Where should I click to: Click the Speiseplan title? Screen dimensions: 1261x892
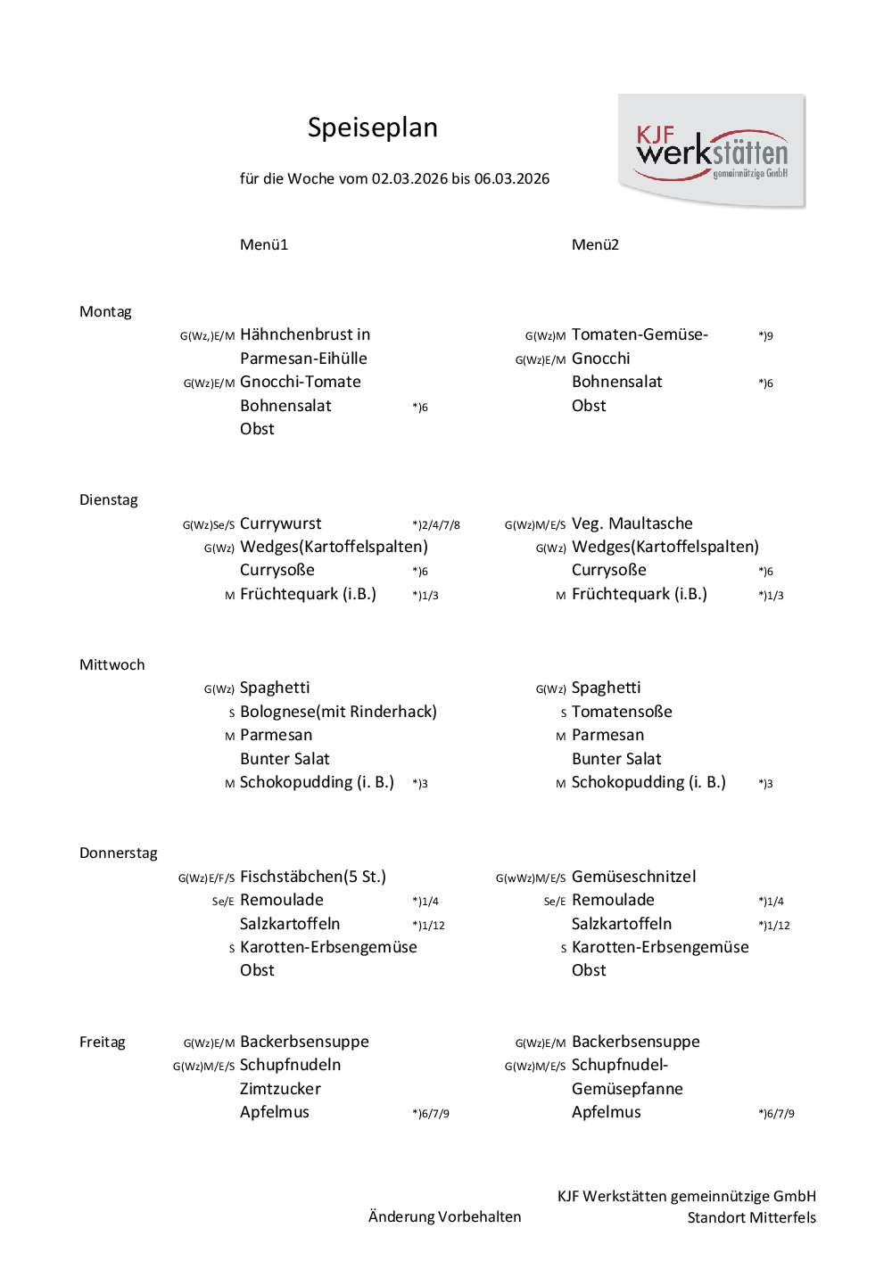click(372, 128)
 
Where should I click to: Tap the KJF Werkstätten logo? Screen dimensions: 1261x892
click(712, 152)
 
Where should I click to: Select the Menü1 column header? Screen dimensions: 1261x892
click(264, 244)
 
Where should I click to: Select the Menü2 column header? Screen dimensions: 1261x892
click(595, 244)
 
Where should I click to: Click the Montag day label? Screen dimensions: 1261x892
click(105, 311)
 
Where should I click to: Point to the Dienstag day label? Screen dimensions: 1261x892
click(109, 499)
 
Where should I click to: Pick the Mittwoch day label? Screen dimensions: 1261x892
click(111, 664)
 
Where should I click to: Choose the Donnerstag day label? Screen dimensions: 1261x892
click(118, 853)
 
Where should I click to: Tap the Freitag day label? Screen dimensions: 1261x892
click(102, 1042)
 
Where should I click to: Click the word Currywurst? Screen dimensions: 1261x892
click(281, 523)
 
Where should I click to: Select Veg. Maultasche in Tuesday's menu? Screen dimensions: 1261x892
click(632, 523)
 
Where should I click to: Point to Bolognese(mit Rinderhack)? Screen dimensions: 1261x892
click(338, 712)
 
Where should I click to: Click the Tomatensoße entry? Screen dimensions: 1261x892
click(622, 712)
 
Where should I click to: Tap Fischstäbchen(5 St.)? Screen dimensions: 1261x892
click(313, 877)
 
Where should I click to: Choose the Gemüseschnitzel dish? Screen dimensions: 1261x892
click(633, 877)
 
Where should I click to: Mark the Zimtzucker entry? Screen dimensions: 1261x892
click(280, 1089)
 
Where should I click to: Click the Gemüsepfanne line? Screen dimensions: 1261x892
click(627, 1089)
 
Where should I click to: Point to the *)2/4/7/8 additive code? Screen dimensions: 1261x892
click(436, 525)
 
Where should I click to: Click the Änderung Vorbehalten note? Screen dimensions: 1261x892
click(444, 1216)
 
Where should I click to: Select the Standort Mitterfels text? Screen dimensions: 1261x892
click(751, 1217)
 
